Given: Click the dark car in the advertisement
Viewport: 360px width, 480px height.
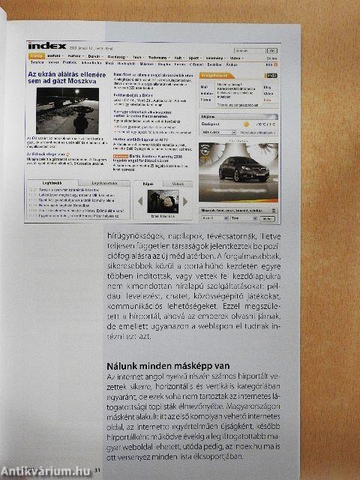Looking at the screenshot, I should [244, 170].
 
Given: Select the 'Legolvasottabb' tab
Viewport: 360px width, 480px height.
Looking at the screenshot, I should [103, 182].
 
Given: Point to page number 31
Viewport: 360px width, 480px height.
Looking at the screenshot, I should [97, 470].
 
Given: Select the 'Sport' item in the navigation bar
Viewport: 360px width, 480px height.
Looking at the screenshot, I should [193, 56].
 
